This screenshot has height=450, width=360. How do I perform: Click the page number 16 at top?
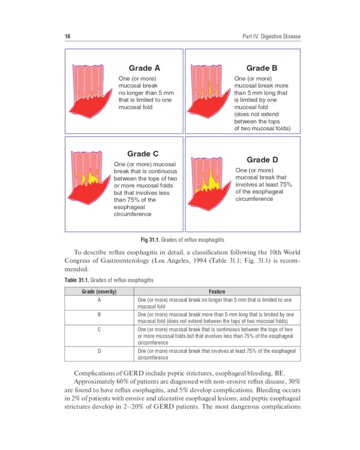pyautogui.click(x=68, y=37)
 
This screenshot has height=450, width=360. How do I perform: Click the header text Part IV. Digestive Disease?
pyautogui.click(x=268, y=37)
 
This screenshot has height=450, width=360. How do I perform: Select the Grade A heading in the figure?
pyautogui.click(x=144, y=68)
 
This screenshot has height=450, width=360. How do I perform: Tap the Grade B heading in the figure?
pyautogui.click(x=262, y=68)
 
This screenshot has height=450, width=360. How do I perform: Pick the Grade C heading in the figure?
pyautogui.click(x=143, y=154)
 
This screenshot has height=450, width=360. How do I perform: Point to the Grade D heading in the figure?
pyautogui.click(x=262, y=160)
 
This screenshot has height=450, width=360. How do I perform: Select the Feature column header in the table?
pyautogui.click(x=216, y=291)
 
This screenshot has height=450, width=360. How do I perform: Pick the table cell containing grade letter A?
pyautogui.click(x=98, y=299)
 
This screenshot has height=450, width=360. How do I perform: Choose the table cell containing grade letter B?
pyautogui.click(x=98, y=314)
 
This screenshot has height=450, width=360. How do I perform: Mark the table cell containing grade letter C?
pyautogui.click(x=98, y=329)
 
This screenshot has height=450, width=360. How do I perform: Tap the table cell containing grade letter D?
pyautogui.click(x=98, y=350)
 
